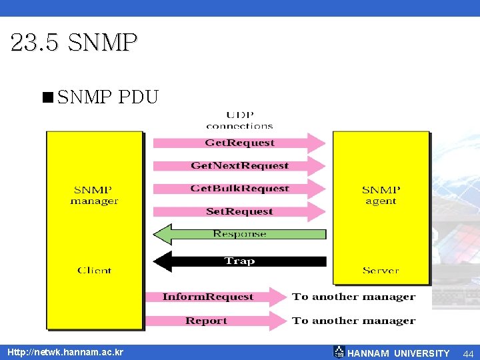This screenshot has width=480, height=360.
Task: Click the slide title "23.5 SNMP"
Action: [74, 43]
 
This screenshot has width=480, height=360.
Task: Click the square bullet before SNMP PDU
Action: [47, 98]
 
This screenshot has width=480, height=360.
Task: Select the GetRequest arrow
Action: [239, 143]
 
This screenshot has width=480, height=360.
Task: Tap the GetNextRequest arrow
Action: [239, 165]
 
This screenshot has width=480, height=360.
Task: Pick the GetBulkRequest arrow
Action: [239, 189]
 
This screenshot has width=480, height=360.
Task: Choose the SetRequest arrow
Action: [239, 211]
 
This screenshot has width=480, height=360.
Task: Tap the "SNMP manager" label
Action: [94, 195]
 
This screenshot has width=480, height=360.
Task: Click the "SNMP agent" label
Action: [381, 195]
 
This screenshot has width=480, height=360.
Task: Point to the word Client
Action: [94, 270]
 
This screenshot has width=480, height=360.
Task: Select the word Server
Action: [381, 270]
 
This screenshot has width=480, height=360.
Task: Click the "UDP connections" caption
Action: [239, 120]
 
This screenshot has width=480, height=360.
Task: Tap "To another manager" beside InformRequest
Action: [353, 297]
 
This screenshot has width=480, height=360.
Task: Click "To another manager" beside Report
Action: [353, 321]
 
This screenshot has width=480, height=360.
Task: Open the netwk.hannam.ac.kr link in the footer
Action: [65, 352]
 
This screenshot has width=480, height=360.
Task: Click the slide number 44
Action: [468, 353]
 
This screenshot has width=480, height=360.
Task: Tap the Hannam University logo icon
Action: [339, 352]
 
